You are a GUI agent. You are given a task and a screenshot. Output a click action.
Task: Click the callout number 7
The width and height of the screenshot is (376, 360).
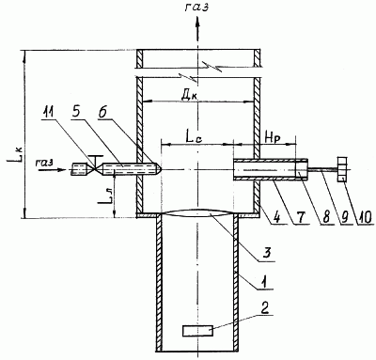[301, 216]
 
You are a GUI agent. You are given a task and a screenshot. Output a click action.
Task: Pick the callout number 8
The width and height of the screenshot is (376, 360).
[326, 216]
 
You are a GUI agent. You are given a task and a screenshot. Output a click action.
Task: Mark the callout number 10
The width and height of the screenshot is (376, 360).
[365, 216]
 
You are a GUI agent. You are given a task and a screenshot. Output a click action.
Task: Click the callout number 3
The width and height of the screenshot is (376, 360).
[267, 253]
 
